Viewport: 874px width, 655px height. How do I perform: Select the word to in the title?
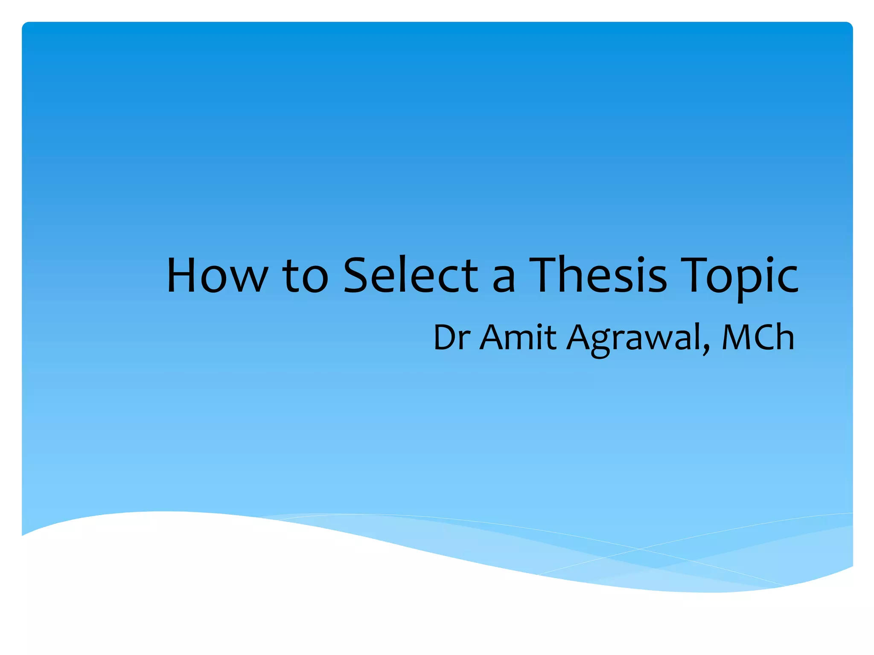(305, 276)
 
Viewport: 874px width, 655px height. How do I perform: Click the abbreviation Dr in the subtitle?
(452, 337)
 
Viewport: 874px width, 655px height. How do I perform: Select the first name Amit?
(518, 337)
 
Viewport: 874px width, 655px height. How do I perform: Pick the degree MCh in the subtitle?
(757, 337)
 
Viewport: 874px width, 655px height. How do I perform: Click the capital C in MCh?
(766, 337)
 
